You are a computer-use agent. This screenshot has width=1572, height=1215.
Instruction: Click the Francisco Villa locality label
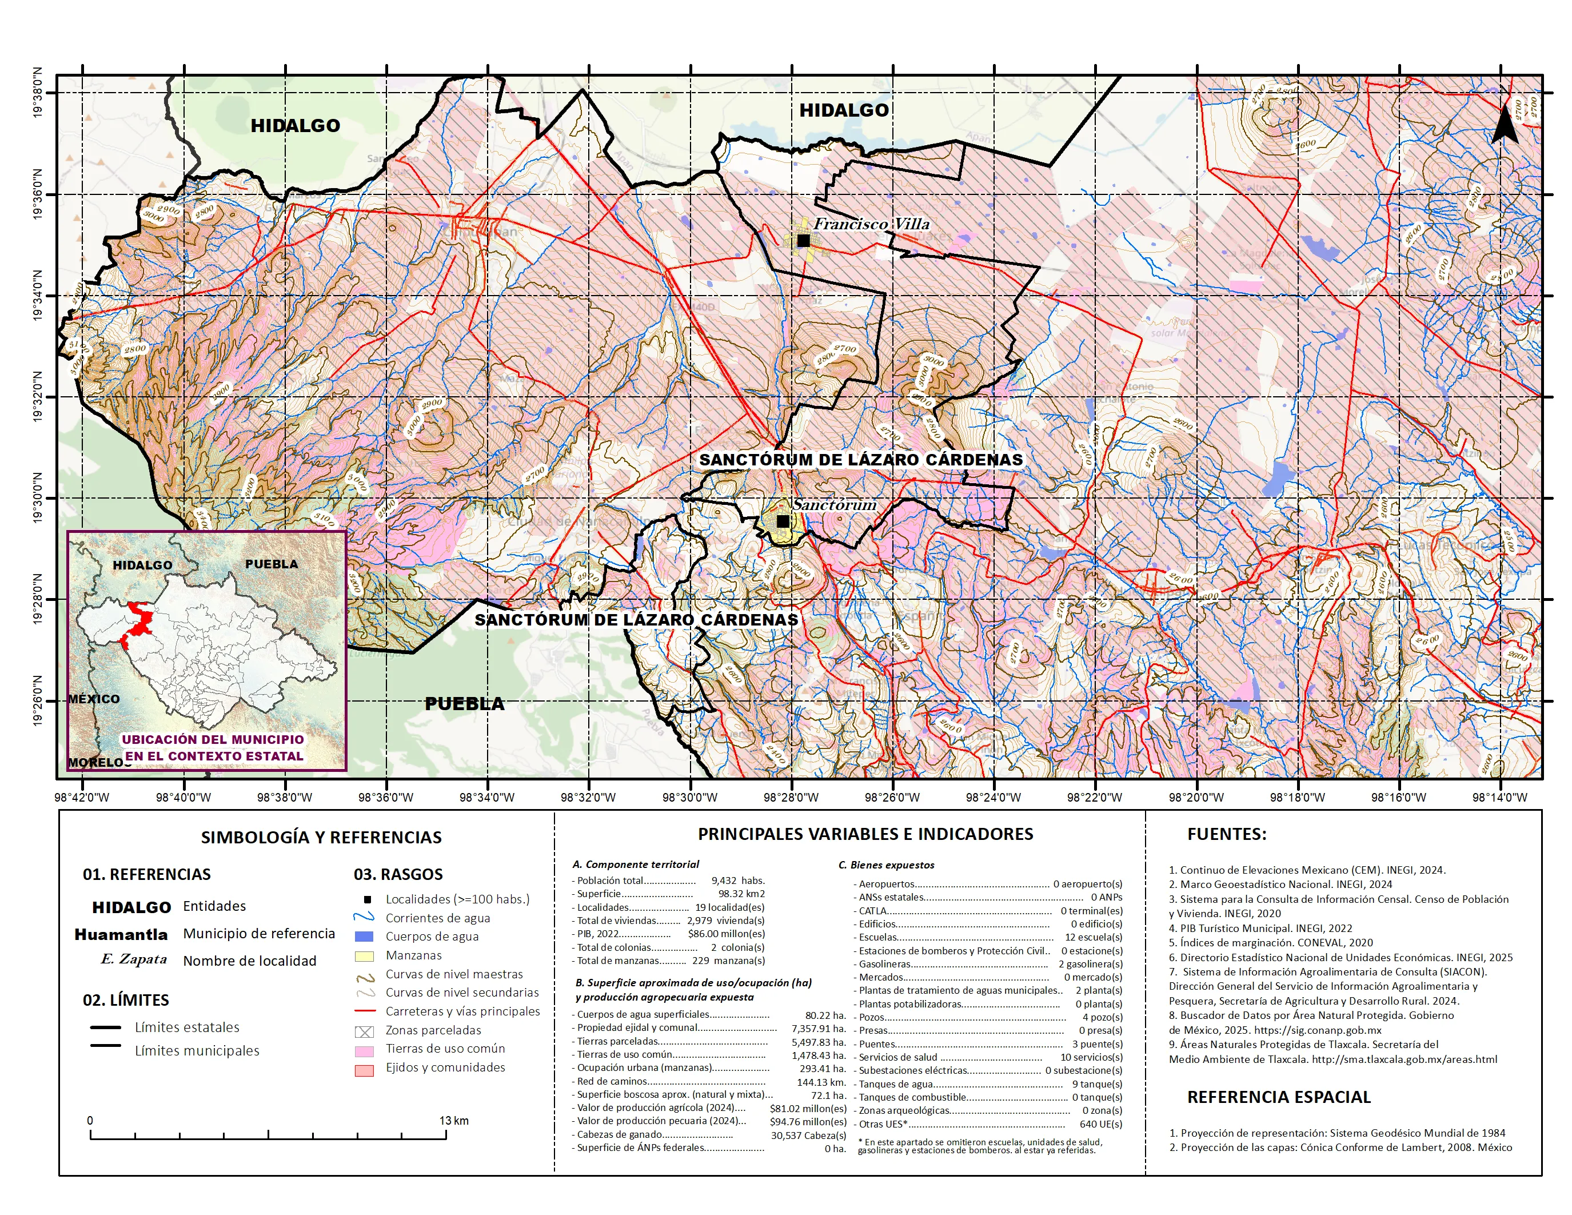click(x=871, y=224)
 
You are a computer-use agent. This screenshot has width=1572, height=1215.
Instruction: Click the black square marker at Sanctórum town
click(x=783, y=521)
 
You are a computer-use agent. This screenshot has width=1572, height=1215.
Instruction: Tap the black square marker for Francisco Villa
click(x=803, y=240)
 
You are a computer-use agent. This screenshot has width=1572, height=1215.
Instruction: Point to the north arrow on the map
click(x=1505, y=124)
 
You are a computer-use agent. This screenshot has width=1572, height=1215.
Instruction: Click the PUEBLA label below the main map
click(x=464, y=704)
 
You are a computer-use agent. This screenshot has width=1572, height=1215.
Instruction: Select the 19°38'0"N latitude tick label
click(x=37, y=93)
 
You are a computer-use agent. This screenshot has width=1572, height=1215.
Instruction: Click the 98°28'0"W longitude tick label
click(x=791, y=798)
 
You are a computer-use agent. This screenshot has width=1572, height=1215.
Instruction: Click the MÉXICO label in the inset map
click(x=94, y=699)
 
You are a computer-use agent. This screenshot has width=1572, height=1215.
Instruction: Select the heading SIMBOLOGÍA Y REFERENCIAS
click(x=321, y=837)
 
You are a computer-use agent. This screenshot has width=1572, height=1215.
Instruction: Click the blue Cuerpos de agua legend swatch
click(x=364, y=937)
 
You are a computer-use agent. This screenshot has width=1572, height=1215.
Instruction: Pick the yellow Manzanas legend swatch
click(x=364, y=956)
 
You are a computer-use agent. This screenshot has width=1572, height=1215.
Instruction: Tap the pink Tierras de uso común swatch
click(x=364, y=1051)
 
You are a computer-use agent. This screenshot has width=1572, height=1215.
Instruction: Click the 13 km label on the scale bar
click(x=454, y=1121)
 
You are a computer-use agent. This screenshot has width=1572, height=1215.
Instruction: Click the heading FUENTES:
click(x=1227, y=834)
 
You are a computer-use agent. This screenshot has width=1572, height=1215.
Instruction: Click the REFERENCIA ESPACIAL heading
click(x=1278, y=1097)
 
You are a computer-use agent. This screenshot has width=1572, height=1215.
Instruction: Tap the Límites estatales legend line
click(x=106, y=1027)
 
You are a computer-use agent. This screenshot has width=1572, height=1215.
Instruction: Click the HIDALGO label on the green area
click(x=295, y=126)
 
